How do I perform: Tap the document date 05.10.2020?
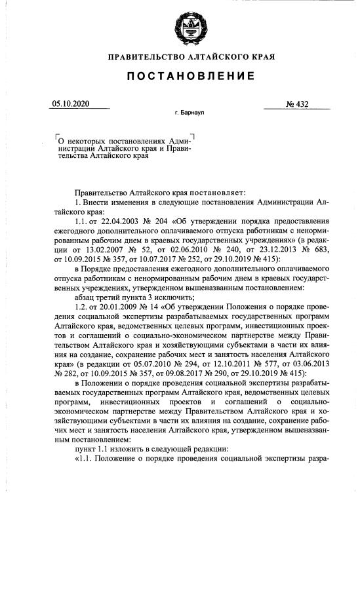click(71, 104)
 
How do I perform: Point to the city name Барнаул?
click(193, 113)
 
